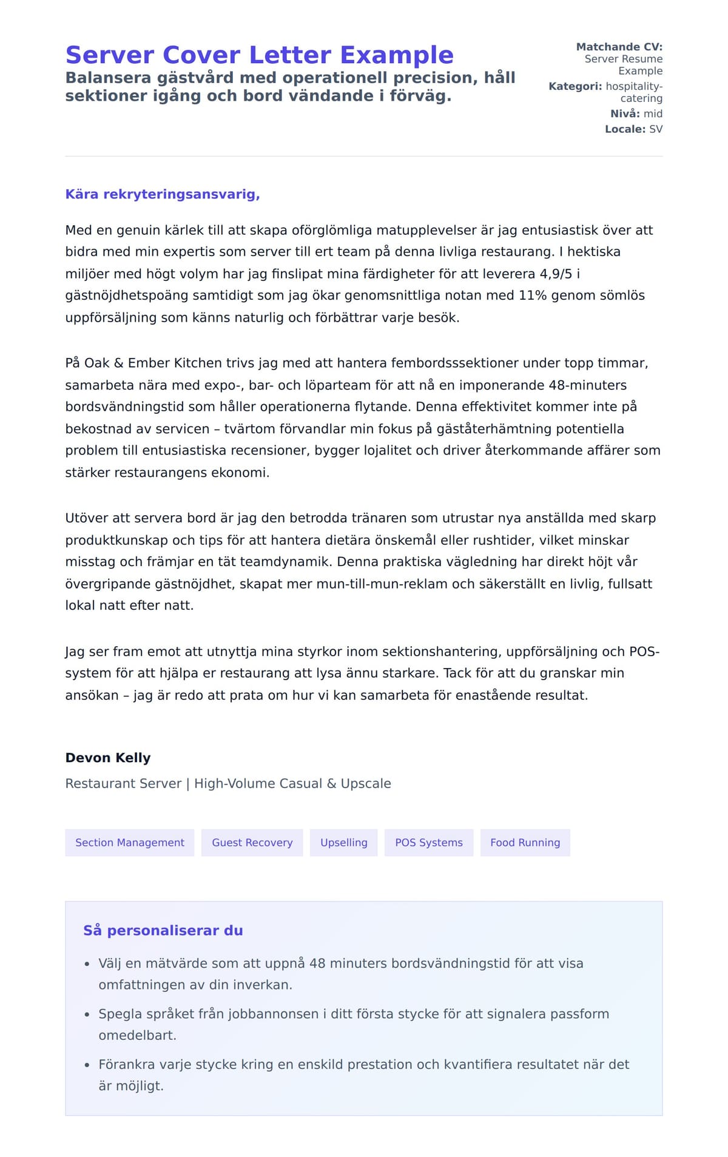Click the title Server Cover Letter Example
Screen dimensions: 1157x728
click(259, 55)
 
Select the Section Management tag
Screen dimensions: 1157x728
click(130, 843)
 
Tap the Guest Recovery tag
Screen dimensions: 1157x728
click(252, 843)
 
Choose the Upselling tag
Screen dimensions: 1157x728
click(343, 843)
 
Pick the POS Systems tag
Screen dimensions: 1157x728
click(428, 843)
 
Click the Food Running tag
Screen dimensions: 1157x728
click(525, 843)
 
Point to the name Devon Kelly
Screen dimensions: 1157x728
click(108, 758)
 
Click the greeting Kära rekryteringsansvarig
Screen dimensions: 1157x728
click(163, 195)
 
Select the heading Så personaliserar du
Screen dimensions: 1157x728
click(163, 931)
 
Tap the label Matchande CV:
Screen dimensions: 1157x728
click(619, 47)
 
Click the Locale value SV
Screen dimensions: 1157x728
click(656, 129)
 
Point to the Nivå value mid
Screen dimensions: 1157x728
click(653, 114)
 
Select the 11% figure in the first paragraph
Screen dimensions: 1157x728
click(534, 296)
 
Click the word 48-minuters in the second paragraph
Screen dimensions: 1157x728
click(587, 385)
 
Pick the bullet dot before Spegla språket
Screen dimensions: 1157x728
click(87, 1014)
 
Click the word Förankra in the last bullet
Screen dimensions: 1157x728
click(126, 1065)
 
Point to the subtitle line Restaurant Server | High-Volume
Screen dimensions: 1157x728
click(228, 784)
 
